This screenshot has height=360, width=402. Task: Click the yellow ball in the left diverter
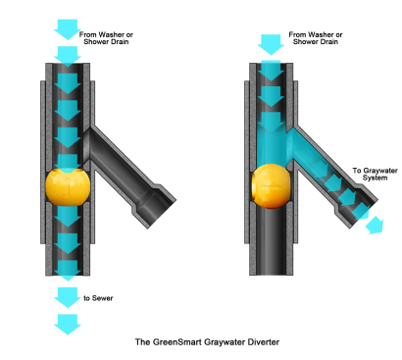(68, 186)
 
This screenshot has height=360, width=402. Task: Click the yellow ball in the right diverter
(271, 186)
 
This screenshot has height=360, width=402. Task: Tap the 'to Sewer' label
(98, 298)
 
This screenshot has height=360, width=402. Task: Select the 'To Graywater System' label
(375, 175)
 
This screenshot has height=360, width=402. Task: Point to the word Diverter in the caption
(263, 342)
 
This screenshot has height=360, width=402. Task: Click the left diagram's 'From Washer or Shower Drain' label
(106, 38)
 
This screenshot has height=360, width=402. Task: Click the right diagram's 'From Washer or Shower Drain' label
(316, 38)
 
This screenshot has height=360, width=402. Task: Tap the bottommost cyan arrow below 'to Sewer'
(68, 325)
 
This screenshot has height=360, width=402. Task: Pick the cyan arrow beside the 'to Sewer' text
(68, 297)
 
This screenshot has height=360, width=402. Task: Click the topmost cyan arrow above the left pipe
(68, 29)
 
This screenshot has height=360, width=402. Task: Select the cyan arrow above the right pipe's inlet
(271, 45)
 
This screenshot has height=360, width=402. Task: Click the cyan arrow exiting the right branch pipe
(375, 226)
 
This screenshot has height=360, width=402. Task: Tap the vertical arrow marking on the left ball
(68, 187)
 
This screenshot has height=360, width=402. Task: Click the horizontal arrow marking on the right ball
(272, 187)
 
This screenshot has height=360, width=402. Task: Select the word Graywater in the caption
(225, 342)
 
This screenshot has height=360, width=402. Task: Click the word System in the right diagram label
(375, 178)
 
